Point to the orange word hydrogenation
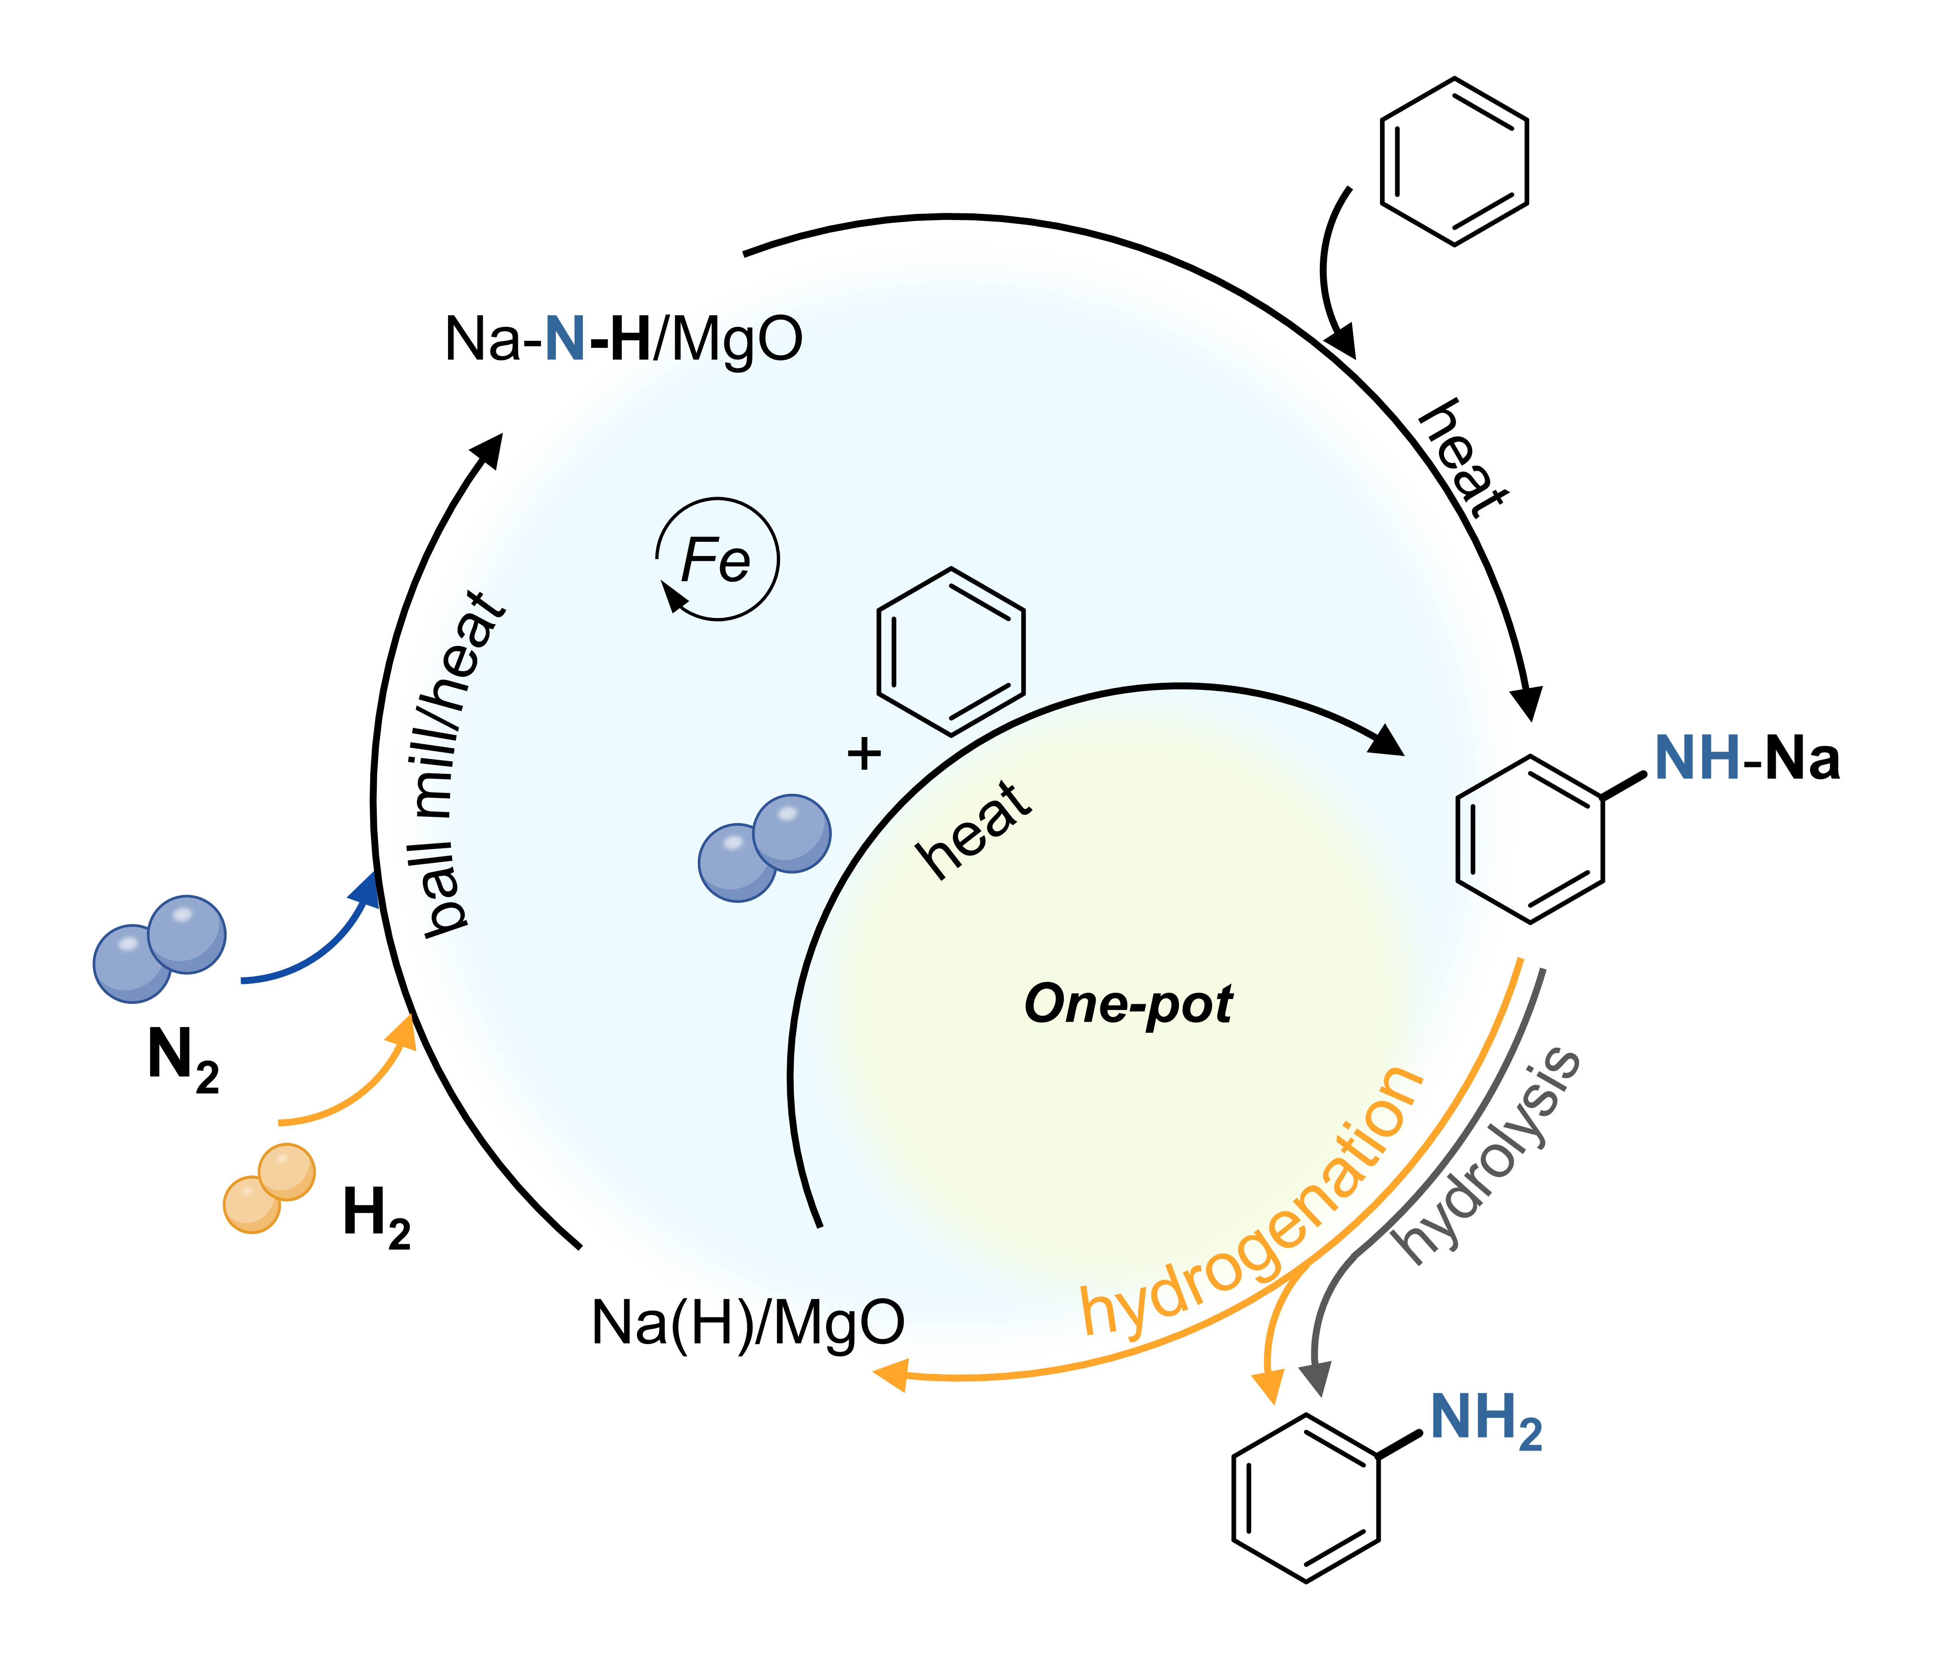click(1252, 1205)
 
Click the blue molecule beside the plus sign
click(764, 847)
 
